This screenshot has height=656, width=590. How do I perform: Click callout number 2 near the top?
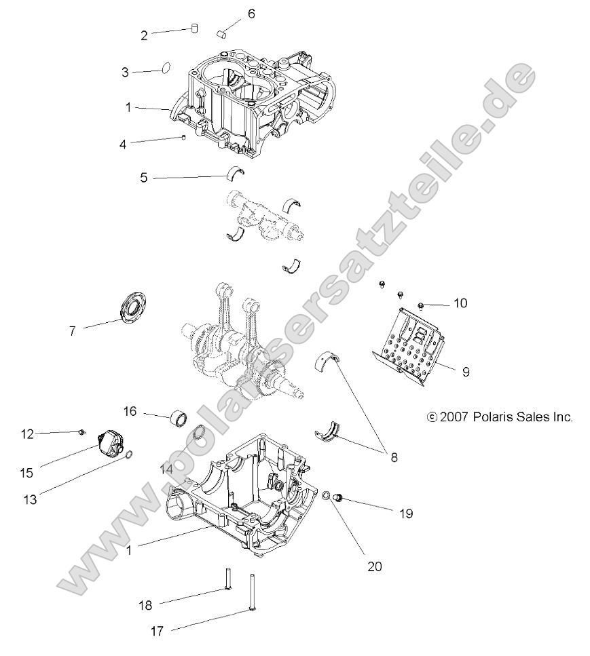144,35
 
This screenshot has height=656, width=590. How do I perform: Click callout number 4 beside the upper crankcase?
123,144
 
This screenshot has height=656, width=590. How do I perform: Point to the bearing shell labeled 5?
235,172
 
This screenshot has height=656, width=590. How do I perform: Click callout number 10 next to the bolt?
460,303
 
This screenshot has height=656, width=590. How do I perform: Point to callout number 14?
167,469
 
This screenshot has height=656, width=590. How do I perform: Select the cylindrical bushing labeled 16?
179,415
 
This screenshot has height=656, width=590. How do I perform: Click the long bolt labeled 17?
253,594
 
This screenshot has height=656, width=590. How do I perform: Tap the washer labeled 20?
326,497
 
